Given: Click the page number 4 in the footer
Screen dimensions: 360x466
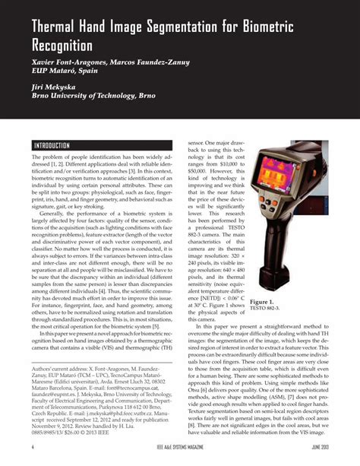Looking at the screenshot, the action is pos(33,447).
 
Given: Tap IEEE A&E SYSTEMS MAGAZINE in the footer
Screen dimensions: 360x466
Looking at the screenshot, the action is pos(180,447).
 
